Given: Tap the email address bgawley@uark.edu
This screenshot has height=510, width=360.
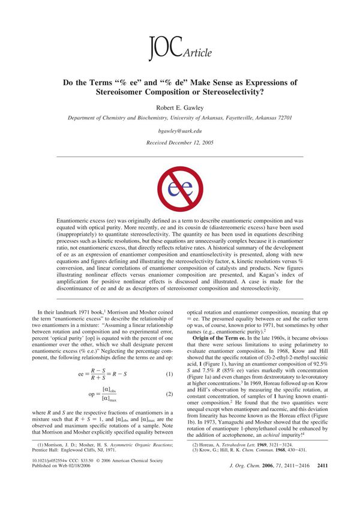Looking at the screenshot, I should (x=179, y=130).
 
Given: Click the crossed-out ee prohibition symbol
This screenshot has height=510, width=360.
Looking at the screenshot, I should (x=179, y=190).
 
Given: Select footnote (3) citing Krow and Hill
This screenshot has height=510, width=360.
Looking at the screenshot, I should (x=240, y=466).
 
